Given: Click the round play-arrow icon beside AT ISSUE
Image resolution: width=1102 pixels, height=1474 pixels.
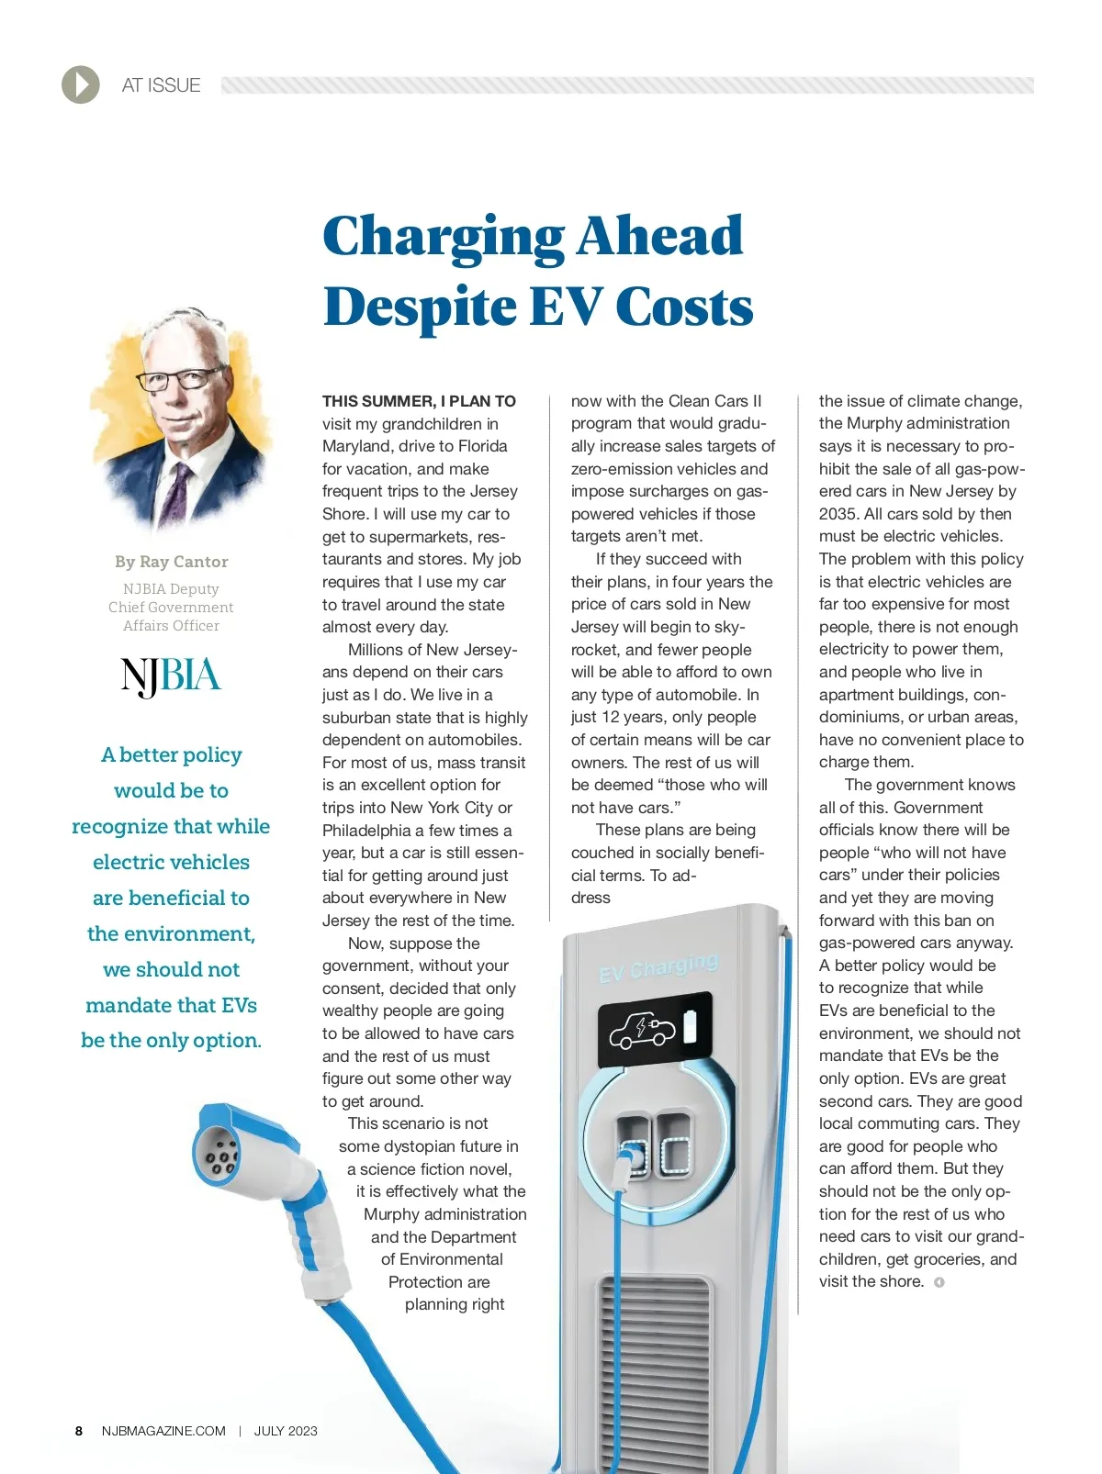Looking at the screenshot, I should (81, 85).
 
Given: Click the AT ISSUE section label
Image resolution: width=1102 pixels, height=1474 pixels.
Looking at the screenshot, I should (161, 85).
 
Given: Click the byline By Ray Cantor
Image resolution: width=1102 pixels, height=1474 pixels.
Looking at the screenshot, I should (172, 562).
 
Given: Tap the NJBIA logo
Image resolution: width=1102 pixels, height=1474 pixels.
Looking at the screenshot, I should (171, 676).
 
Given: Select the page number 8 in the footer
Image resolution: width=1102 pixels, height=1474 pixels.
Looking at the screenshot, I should (79, 1431).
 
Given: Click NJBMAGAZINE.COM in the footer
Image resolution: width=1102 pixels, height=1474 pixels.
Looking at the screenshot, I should (163, 1431).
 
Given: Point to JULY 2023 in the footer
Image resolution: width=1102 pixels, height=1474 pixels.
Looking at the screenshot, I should (286, 1431).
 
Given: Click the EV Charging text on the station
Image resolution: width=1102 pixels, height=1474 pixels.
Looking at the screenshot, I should (658, 966).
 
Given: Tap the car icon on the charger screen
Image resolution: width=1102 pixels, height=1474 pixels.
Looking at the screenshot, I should (642, 1031).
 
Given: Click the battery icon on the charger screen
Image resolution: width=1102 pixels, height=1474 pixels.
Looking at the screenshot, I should (690, 1027).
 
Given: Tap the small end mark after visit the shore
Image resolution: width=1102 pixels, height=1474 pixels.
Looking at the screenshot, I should (939, 1282).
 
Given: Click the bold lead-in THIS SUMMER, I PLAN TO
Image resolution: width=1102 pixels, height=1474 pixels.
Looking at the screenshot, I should (419, 401).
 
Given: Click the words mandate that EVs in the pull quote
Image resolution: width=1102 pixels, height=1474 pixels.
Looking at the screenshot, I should (171, 1005).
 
